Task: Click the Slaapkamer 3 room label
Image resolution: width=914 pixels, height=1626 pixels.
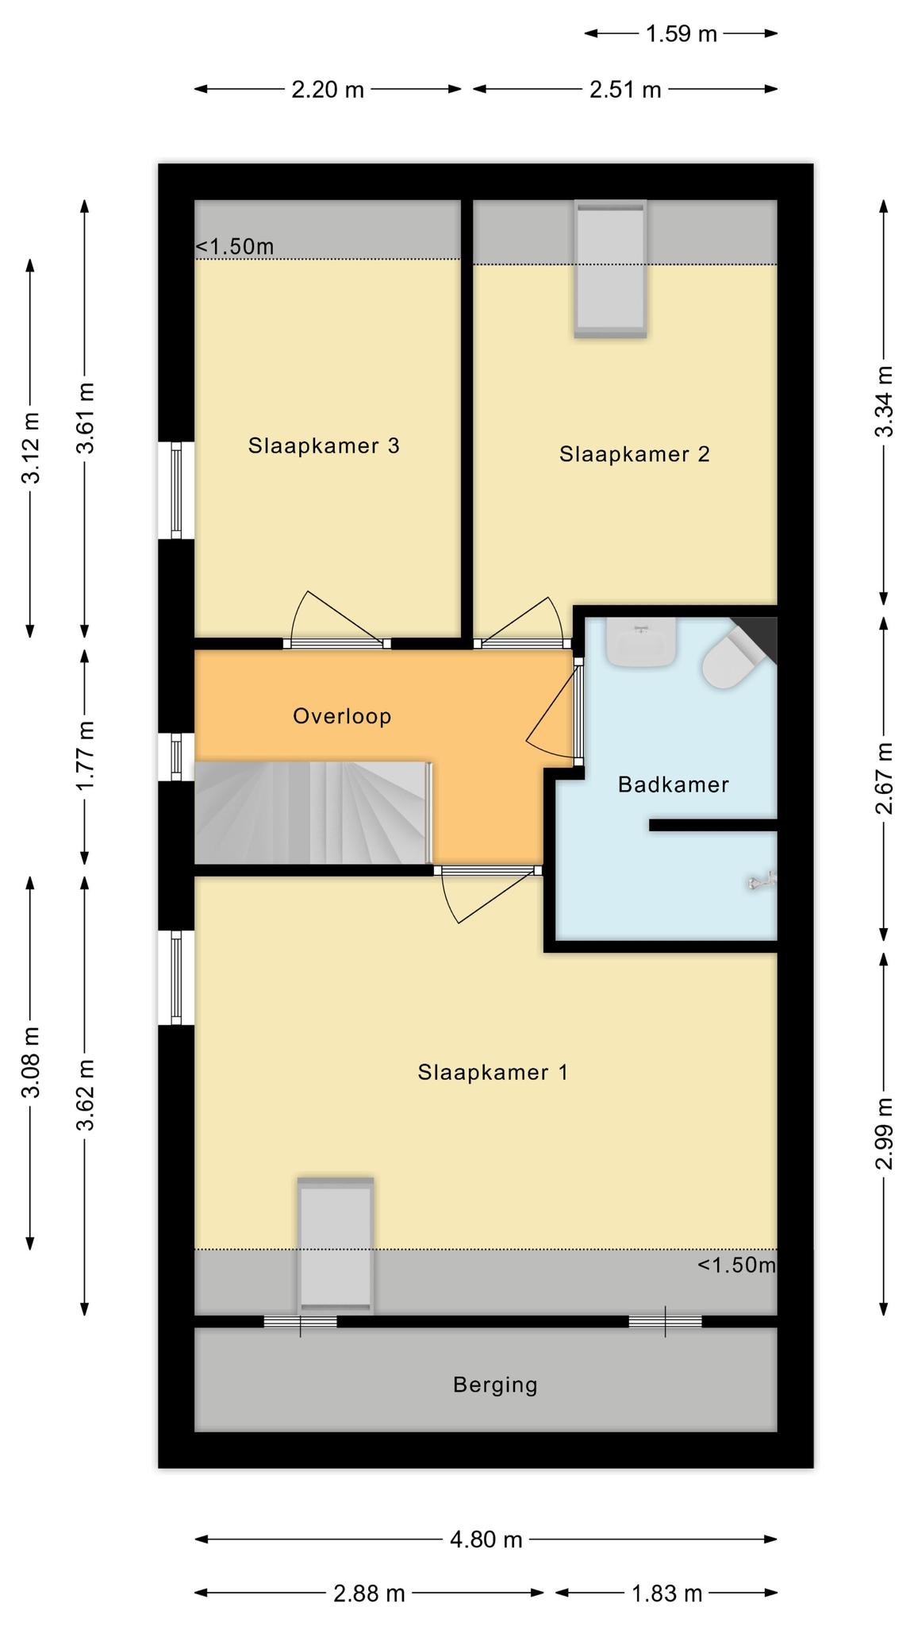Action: click(323, 445)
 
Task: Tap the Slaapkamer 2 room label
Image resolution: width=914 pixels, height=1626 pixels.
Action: click(634, 454)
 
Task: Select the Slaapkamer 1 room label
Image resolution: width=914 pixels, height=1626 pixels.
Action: click(493, 1073)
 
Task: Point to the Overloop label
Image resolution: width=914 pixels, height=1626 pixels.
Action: click(342, 716)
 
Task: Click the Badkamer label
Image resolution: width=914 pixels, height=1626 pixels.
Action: click(673, 784)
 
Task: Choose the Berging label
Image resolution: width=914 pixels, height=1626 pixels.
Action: click(495, 1385)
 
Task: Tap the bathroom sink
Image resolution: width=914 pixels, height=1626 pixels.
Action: click(641, 642)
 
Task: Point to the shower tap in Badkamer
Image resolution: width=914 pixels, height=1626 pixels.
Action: click(762, 880)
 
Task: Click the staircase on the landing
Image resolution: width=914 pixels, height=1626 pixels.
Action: click(313, 812)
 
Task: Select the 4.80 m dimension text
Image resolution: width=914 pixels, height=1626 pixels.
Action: click(486, 1539)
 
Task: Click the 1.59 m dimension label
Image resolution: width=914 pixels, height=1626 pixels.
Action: click(681, 33)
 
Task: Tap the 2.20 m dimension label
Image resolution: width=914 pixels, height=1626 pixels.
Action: click(328, 90)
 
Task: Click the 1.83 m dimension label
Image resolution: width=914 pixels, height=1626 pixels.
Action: click(666, 1593)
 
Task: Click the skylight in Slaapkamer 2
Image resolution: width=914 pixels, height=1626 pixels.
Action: click(610, 269)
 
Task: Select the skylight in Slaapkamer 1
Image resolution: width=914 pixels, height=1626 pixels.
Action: click(336, 1245)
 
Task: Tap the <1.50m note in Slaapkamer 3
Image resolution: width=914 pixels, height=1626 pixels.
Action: click(235, 247)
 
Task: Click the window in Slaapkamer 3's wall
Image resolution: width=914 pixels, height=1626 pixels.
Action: click(176, 490)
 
